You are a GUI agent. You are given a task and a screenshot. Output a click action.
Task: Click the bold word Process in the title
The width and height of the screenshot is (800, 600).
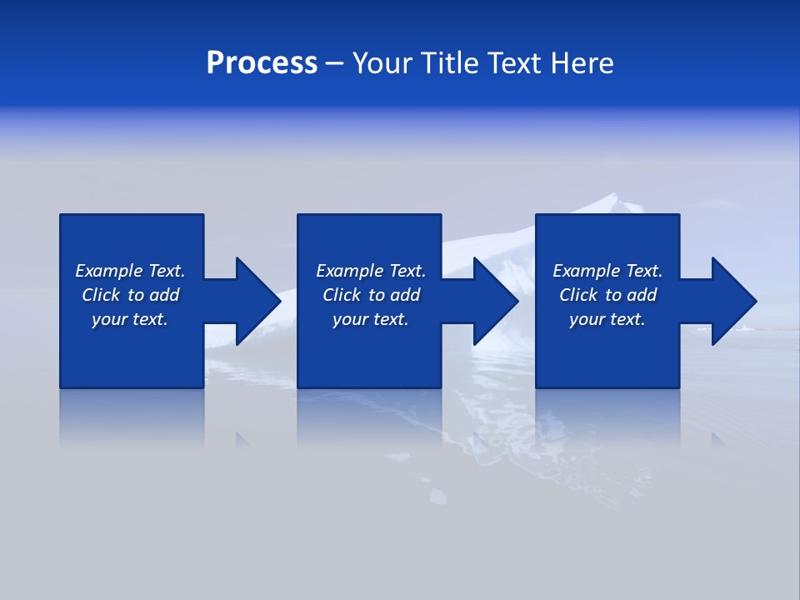pyautogui.click(x=262, y=63)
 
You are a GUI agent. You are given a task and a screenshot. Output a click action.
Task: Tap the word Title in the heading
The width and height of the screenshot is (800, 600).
pyautogui.click(x=451, y=63)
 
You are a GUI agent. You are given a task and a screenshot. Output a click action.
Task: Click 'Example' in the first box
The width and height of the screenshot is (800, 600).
pyautogui.click(x=109, y=271)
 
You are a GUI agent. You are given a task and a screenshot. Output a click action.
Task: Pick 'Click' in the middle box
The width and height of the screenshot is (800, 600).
pyautogui.click(x=342, y=295)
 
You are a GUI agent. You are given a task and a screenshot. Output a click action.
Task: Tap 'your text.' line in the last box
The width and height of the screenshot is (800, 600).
pyautogui.click(x=607, y=319)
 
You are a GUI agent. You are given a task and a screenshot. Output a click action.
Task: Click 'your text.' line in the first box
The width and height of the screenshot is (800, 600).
pyautogui.click(x=129, y=319)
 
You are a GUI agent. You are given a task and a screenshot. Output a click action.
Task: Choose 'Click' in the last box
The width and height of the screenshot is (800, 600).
pyautogui.click(x=578, y=295)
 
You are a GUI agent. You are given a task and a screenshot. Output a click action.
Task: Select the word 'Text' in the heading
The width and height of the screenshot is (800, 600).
pyautogui.click(x=512, y=63)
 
